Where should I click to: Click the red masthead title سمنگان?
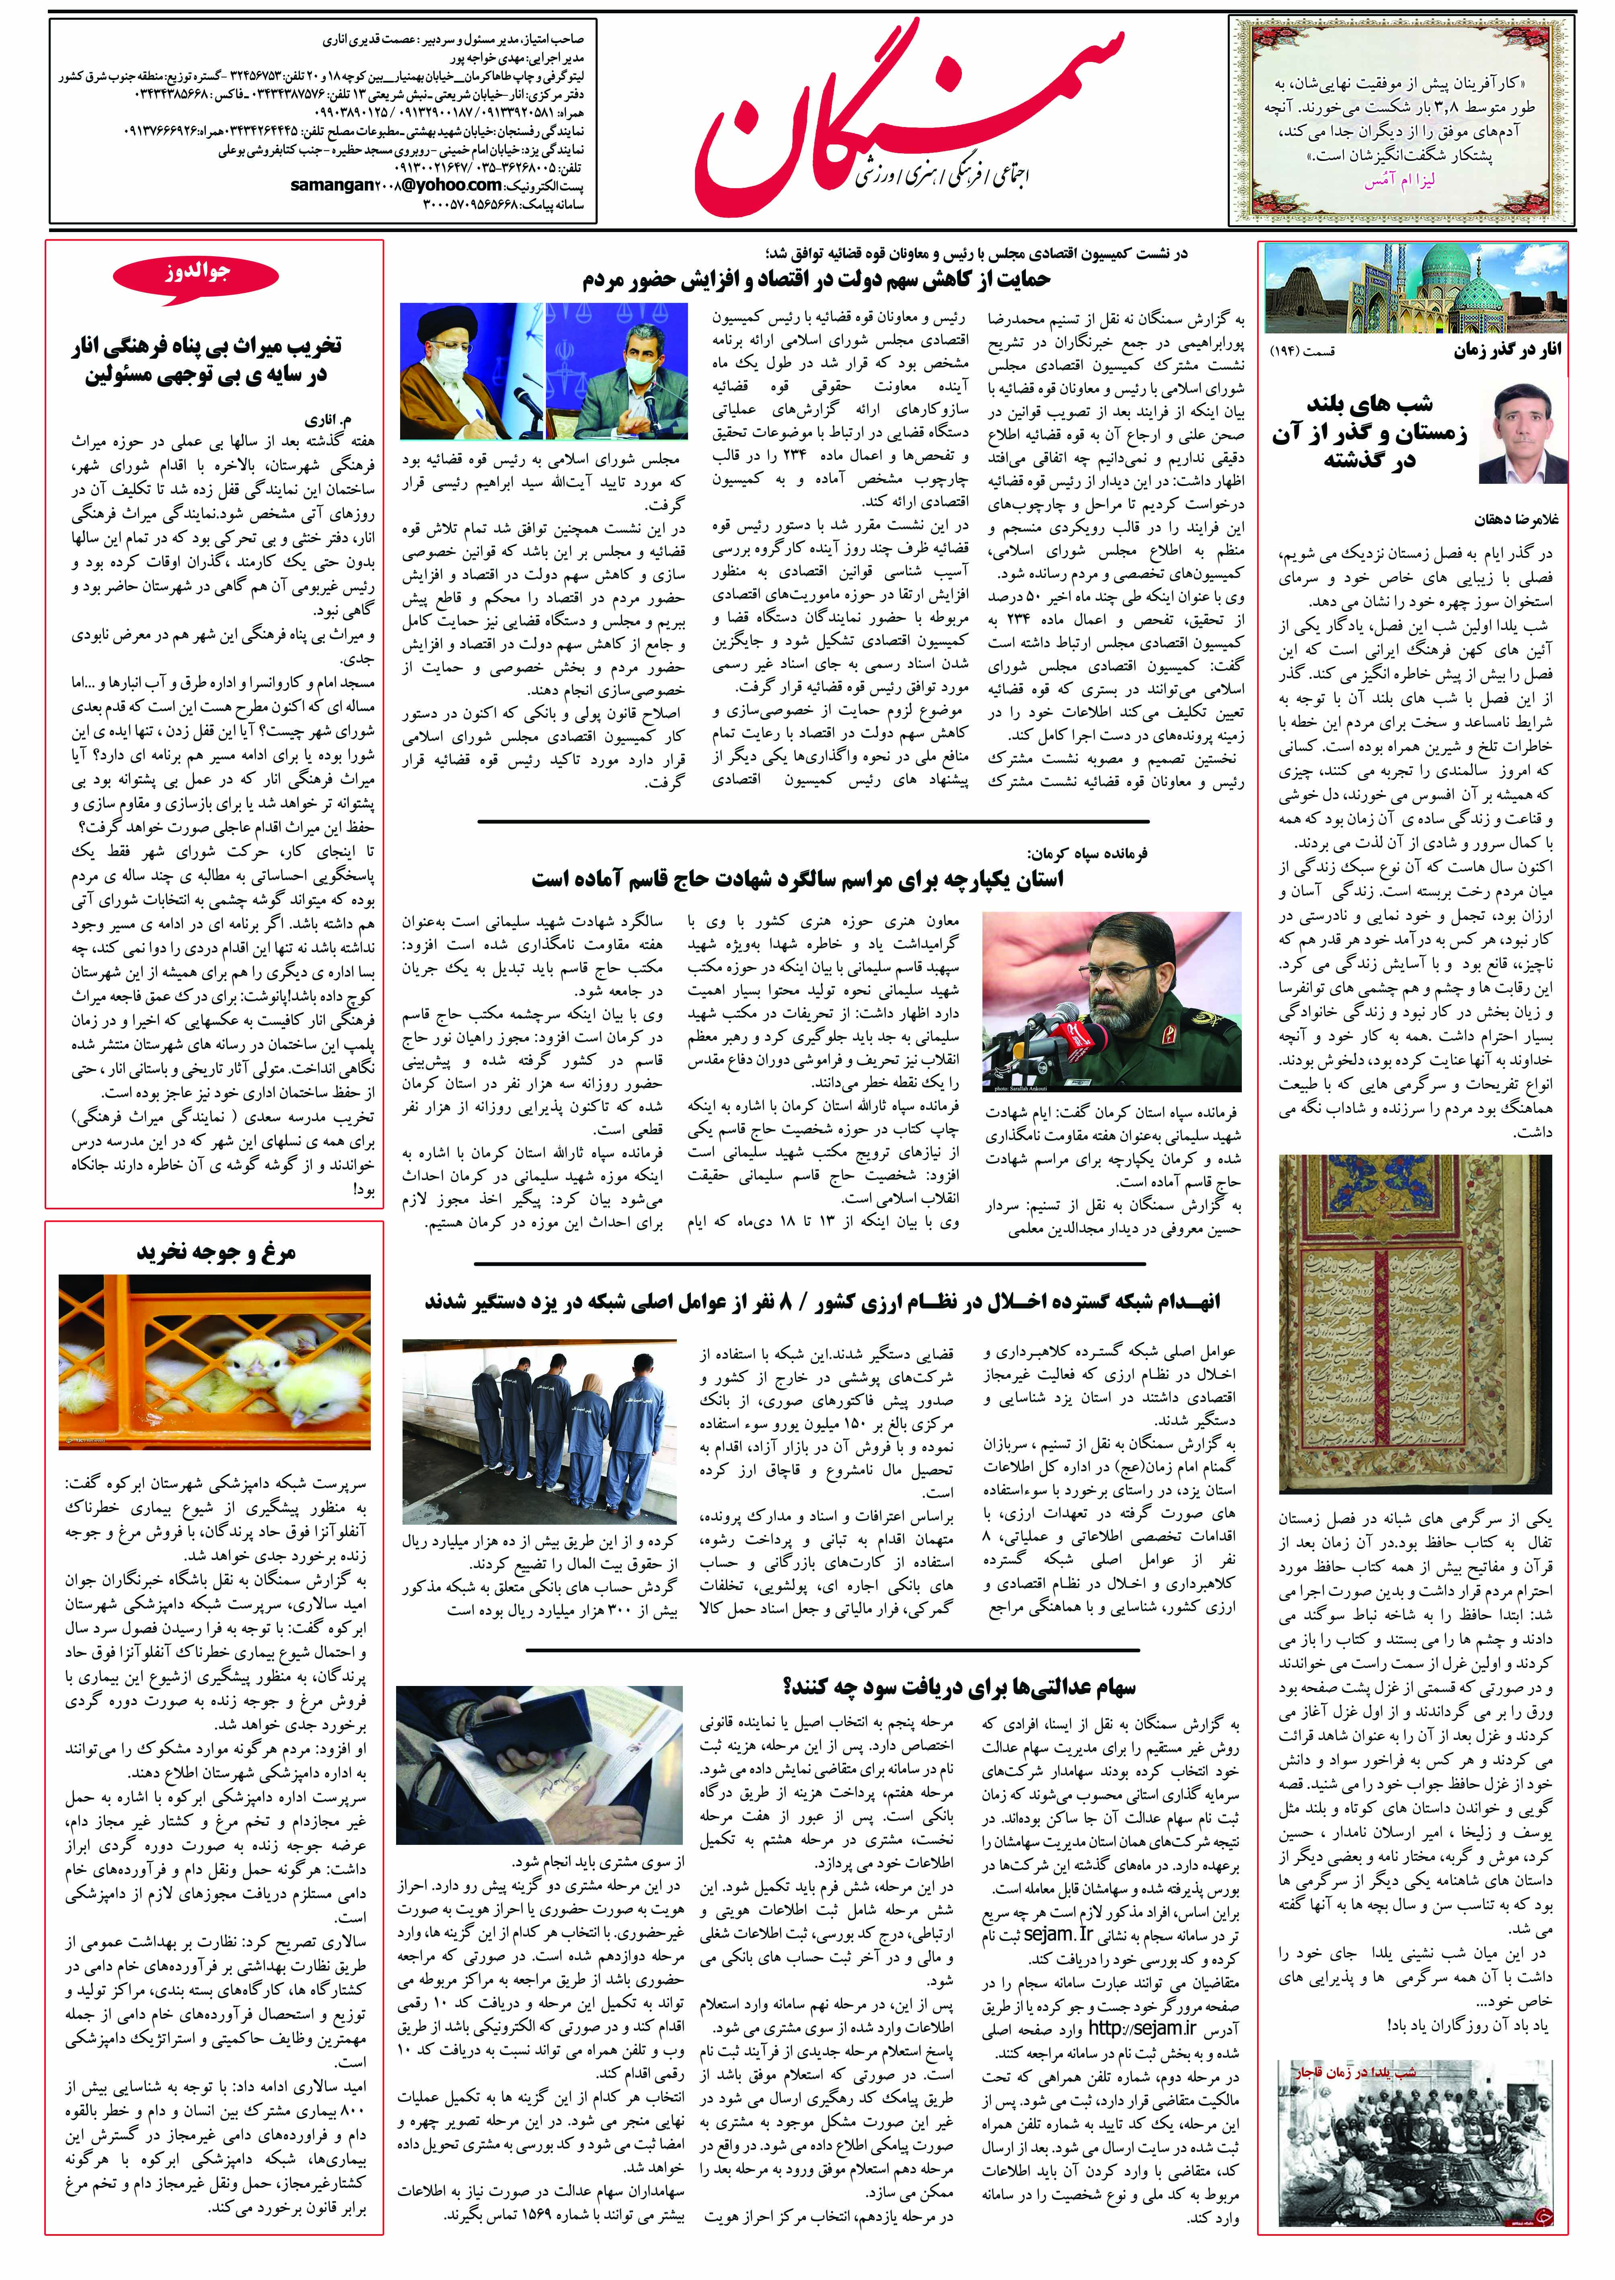(910, 109)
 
